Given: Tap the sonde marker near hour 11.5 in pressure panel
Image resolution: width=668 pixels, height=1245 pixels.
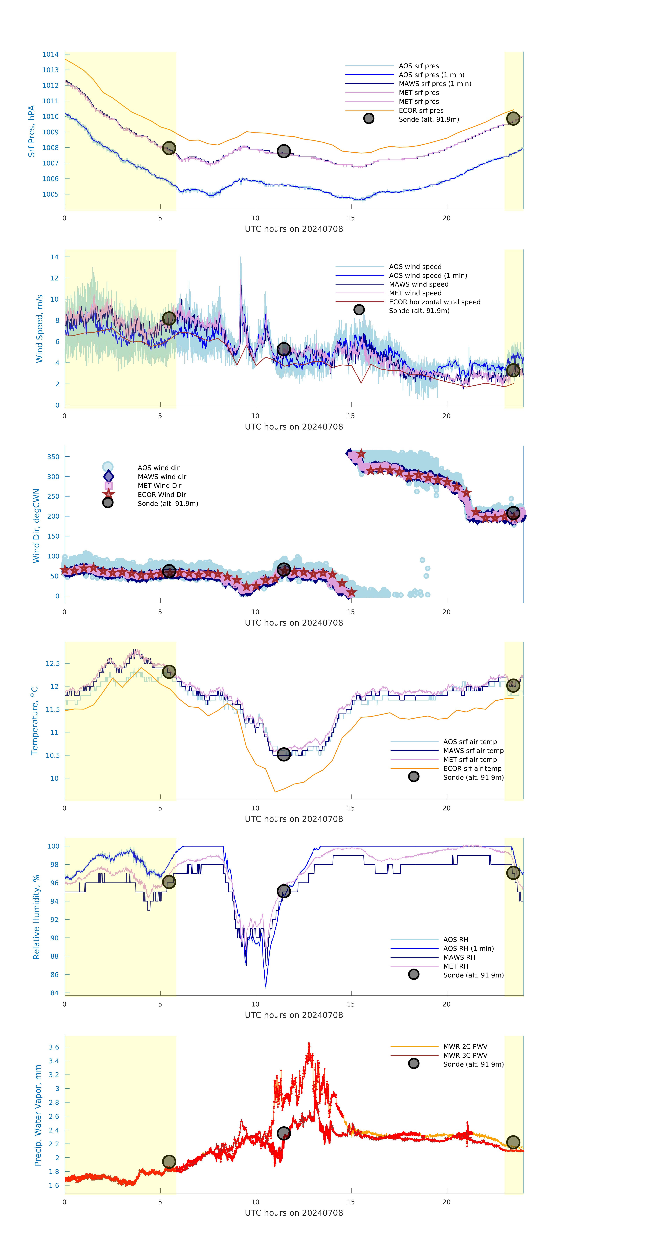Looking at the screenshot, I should tap(283, 151).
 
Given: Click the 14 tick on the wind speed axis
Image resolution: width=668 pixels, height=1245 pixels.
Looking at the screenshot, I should tap(55, 257).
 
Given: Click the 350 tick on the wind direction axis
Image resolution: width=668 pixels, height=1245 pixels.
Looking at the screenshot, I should tap(53, 457).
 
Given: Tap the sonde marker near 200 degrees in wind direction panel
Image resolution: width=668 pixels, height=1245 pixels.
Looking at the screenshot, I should tap(513, 513).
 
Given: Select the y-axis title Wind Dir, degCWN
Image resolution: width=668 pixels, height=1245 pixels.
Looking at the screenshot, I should tap(36, 526).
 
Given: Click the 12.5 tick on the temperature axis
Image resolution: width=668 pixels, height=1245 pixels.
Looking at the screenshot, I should tap(53, 664).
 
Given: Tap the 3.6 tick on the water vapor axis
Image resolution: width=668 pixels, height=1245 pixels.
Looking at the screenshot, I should tap(54, 1047).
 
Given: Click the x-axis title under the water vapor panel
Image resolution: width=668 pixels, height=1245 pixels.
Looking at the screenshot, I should tap(294, 1213).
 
